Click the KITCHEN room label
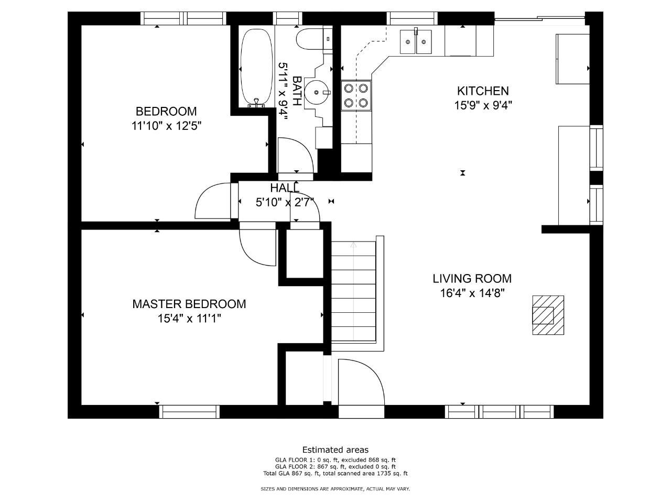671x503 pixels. [483, 91]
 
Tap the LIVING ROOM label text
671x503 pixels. [472, 279]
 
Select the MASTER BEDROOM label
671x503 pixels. [189, 304]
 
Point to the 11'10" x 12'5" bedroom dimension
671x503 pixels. [166, 126]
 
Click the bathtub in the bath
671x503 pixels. [256, 68]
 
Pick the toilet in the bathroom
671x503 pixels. [314, 38]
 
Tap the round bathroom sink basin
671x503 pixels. [317, 92]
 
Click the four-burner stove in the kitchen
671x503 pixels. [356, 95]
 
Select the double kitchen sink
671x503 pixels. [416, 41]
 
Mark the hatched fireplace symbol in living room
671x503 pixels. [548, 315]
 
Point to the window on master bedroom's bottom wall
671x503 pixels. [189, 412]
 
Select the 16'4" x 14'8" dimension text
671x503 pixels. [472, 293]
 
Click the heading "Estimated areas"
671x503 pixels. [335, 450]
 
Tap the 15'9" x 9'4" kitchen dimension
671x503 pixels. [483, 106]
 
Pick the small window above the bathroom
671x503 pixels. [287, 18]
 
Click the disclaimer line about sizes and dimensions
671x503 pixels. [335, 489]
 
